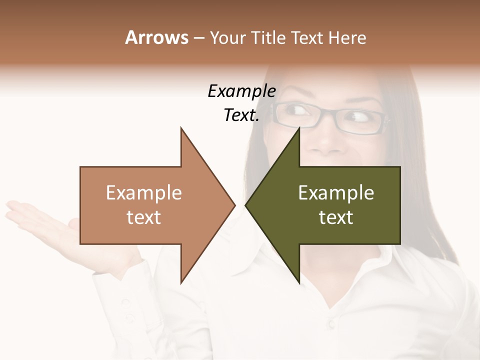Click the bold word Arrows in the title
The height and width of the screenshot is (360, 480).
[156, 37]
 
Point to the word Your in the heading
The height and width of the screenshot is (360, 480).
[227, 38]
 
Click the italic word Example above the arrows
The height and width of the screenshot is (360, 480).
[241, 91]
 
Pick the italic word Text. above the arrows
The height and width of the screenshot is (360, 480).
[241, 115]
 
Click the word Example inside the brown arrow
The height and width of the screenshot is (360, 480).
[143, 192]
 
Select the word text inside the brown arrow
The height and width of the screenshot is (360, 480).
[143, 217]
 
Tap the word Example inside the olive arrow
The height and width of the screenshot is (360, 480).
[336, 192]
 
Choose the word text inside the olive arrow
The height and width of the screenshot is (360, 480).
[336, 217]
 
